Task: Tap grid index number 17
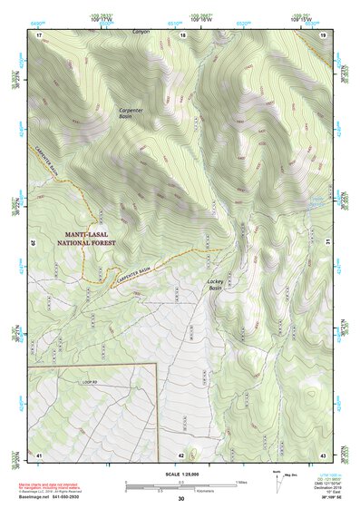point(39,34)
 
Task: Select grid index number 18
point(182,34)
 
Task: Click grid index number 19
point(323,34)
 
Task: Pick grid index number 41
point(39,454)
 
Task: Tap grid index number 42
point(181,454)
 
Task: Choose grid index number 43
point(323,454)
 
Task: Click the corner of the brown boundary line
point(159,364)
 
